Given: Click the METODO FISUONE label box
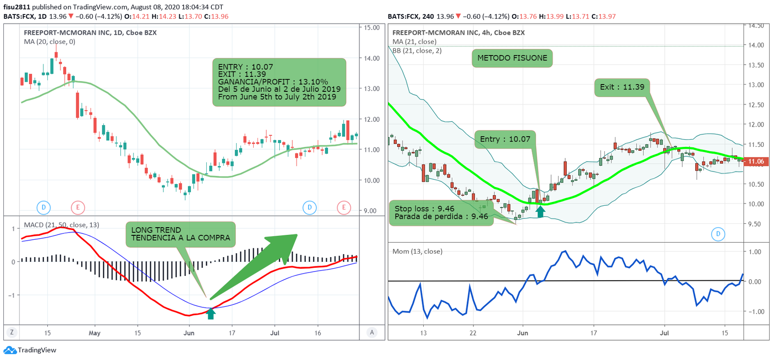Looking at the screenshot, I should point(512,58).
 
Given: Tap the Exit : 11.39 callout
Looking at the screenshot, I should point(622,87).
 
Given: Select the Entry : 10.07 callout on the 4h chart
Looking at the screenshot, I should point(505,139).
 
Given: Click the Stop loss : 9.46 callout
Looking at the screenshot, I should point(441,213).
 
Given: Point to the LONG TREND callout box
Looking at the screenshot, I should point(180,234).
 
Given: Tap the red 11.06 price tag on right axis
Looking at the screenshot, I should point(756,161).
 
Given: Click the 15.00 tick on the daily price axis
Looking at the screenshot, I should point(372,28).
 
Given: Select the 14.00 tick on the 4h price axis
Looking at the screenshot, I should point(756,45).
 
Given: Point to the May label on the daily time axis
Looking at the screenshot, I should point(95,333).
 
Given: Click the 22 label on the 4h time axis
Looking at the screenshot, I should point(473,333).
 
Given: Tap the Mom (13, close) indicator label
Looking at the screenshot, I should point(417,251).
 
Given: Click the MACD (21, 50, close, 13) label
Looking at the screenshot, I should point(61,225).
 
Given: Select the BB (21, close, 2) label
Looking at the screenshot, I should point(417,50).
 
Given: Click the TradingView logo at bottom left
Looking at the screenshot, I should point(30,350).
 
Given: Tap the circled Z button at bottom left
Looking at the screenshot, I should point(12,332).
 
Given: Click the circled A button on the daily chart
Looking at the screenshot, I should point(372,332).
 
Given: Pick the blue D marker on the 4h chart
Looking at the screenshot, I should point(718,234).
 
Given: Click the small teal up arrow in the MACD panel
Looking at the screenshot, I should point(211,314).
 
